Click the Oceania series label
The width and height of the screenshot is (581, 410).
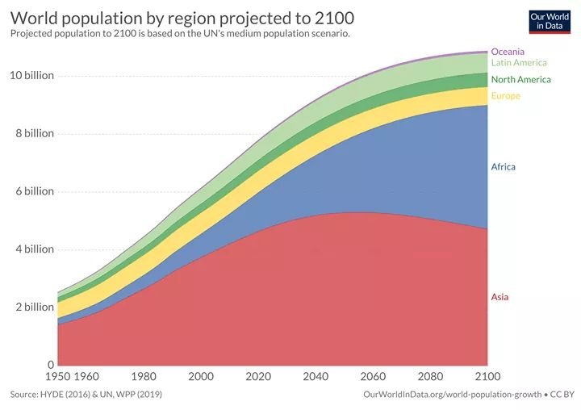point(508,52)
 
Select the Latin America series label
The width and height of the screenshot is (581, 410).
point(519,63)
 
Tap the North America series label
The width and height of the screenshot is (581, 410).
point(520,80)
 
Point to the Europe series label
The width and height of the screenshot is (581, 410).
point(506,96)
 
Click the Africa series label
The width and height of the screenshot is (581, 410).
point(503,167)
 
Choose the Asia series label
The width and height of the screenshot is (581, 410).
point(499,297)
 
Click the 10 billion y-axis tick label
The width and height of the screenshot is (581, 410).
point(31,76)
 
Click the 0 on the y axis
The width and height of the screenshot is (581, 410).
point(49,365)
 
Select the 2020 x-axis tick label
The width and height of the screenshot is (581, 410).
point(258,376)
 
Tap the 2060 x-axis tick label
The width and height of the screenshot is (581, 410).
point(373,376)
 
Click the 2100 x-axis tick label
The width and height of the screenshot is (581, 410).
point(487,376)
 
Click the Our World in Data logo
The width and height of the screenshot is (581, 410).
point(550,21)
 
